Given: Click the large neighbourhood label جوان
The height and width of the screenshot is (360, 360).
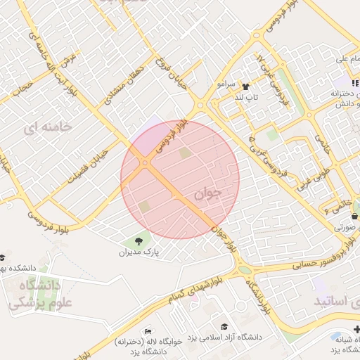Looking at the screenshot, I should [x=210, y=193].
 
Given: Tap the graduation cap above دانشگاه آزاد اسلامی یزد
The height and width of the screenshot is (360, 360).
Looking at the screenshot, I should [x=224, y=327].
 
